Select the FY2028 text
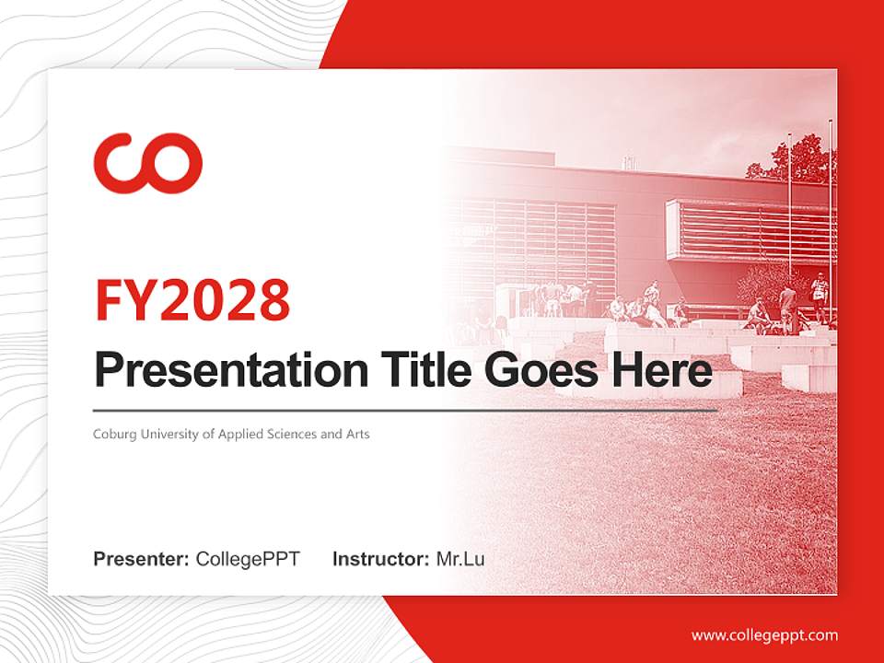(192, 300)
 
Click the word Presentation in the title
(231, 369)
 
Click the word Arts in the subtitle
(358, 434)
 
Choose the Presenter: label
(141, 559)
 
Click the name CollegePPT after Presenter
(248, 559)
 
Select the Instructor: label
(381, 559)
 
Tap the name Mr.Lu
(460, 559)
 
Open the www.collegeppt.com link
(764, 636)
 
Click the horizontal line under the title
(405, 411)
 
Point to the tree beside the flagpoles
(795, 159)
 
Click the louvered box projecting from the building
(750, 230)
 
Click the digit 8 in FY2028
(275, 300)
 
